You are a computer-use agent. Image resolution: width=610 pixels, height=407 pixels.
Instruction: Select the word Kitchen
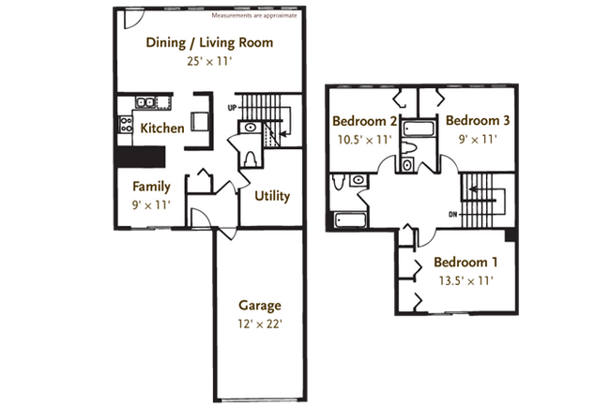[x=162, y=128]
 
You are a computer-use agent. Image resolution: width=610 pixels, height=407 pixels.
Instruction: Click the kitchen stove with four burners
[x=123, y=123]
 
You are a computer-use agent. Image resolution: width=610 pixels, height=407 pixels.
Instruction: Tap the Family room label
[x=151, y=186]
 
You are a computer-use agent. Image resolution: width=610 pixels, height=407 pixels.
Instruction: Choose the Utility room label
[x=271, y=196]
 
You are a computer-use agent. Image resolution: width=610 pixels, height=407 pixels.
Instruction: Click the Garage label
[x=259, y=306]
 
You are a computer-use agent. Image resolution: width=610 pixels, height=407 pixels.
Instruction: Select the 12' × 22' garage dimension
[x=259, y=324]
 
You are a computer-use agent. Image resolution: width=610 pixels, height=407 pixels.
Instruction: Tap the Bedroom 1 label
[x=465, y=262]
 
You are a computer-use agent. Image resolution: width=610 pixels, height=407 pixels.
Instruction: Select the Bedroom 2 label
[x=364, y=121]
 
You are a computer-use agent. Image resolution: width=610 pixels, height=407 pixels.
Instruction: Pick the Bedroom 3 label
[x=478, y=121]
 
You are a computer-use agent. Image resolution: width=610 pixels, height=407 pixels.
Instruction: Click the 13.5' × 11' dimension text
[x=465, y=279]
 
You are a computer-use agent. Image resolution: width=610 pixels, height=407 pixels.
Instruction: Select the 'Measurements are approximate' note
[x=254, y=16]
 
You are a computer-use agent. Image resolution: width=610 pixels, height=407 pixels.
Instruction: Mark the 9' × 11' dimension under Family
[x=151, y=203]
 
